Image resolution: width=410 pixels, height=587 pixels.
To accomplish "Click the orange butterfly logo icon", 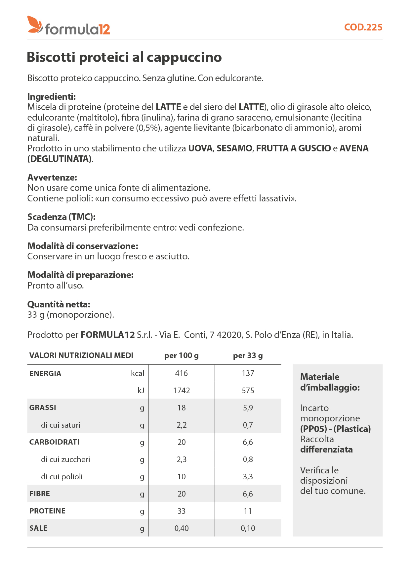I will [35, 25].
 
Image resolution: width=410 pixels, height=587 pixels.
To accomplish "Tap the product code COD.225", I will [363, 27].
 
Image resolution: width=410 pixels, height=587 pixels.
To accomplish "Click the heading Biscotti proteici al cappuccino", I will [124, 57].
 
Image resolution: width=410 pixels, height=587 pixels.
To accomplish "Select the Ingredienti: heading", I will [52, 97].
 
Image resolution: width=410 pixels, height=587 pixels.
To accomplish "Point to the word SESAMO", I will [234, 148].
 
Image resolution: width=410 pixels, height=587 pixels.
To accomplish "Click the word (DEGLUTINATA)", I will [60, 159].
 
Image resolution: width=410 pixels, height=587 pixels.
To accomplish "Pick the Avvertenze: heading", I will [52, 178].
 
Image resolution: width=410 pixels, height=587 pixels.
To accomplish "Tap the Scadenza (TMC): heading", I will [61, 217].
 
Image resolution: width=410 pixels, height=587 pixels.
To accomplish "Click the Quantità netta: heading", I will [59, 304].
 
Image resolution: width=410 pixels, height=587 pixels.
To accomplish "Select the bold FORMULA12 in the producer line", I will [108, 335].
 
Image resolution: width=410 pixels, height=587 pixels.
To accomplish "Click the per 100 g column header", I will [182, 356].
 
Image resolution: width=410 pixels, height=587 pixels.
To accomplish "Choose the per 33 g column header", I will [248, 356].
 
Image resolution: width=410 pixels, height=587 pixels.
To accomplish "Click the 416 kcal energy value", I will [182, 373].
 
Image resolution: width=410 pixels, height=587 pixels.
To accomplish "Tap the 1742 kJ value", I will [182, 391].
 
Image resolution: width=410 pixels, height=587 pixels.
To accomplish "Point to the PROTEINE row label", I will [47, 511].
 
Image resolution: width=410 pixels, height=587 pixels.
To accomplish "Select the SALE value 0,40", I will [182, 528].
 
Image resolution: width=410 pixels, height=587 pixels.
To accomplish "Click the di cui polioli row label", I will [62, 477].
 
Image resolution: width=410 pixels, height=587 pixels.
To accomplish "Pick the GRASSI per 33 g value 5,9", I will [248, 408].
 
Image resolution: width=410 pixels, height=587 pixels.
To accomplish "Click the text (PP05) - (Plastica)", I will [335, 429].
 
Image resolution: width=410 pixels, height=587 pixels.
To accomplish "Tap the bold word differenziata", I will [326, 450].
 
